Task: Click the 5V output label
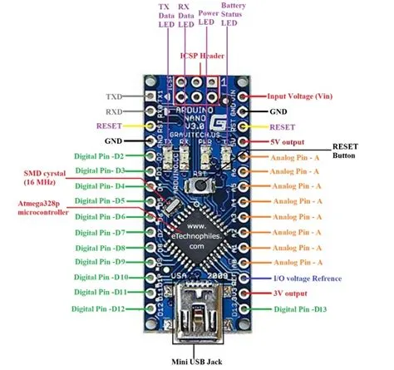click(x=288, y=141)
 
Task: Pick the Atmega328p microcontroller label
click(x=37, y=208)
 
